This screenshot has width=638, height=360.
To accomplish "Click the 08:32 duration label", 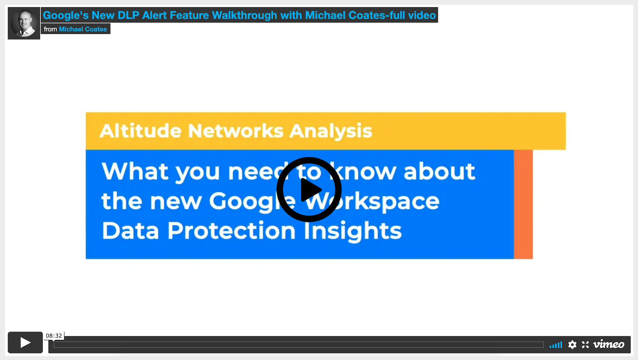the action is click(x=54, y=336).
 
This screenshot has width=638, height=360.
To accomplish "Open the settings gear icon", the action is click(x=572, y=344).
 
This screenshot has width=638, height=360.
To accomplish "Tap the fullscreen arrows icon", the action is click(x=585, y=344).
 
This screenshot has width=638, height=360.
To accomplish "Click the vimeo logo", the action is click(x=609, y=344).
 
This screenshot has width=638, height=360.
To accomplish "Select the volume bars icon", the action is click(x=556, y=345).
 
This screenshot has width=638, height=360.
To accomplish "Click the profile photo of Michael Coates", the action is click(x=24, y=23).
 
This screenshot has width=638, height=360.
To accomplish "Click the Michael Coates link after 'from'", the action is click(x=83, y=29).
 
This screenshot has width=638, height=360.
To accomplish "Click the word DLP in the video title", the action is click(x=128, y=15).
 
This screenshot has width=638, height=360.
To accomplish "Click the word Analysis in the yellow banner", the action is click(x=331, y=131).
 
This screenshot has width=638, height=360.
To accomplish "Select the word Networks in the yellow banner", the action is click(x=236, y=131).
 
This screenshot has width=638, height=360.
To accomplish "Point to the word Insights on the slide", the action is click(x=353, y=231).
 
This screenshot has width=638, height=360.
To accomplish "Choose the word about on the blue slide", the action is click(x=439, y=171).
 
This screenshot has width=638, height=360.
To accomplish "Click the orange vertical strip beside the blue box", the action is click(x=523, y=204).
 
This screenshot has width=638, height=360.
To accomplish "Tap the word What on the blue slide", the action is click(x=135, y=171).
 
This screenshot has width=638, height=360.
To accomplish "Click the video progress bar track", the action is click(x=298, y=345).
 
